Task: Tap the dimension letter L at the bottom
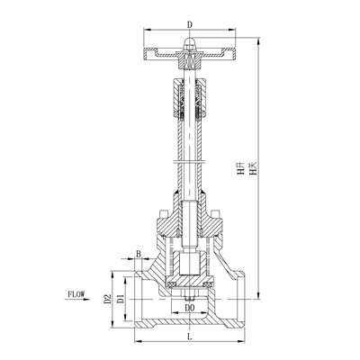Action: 189,336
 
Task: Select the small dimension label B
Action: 138,255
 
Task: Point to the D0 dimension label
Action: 189,308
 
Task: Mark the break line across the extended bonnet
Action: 189,160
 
